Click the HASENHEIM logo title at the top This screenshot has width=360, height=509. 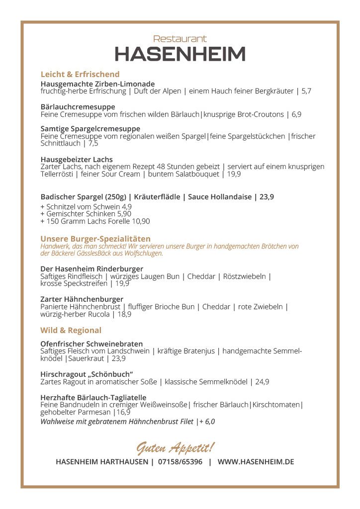pos(180,54)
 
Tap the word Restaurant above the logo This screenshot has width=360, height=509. pos(180,38)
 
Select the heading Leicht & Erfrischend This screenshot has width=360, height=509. pos(80,75)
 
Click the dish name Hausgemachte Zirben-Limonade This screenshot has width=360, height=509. pos(97,84)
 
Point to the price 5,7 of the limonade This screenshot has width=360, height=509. pos(306,91)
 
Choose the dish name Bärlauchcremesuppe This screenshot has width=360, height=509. pos(78,107)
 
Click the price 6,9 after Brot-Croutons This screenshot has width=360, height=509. pos(296,114)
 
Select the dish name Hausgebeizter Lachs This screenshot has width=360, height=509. pos(77,160)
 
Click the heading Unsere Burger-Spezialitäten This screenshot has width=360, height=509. pos(95,239)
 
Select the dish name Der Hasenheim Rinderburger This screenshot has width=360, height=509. pos(91,269)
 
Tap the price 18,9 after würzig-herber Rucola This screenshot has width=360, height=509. pos(124,314)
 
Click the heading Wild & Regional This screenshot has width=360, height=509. pos(71,331)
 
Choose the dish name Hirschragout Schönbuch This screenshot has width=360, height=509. pos(87,374)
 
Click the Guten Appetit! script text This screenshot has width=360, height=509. pos(176,448)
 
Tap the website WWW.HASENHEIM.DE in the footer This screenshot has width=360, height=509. pos(256,462)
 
